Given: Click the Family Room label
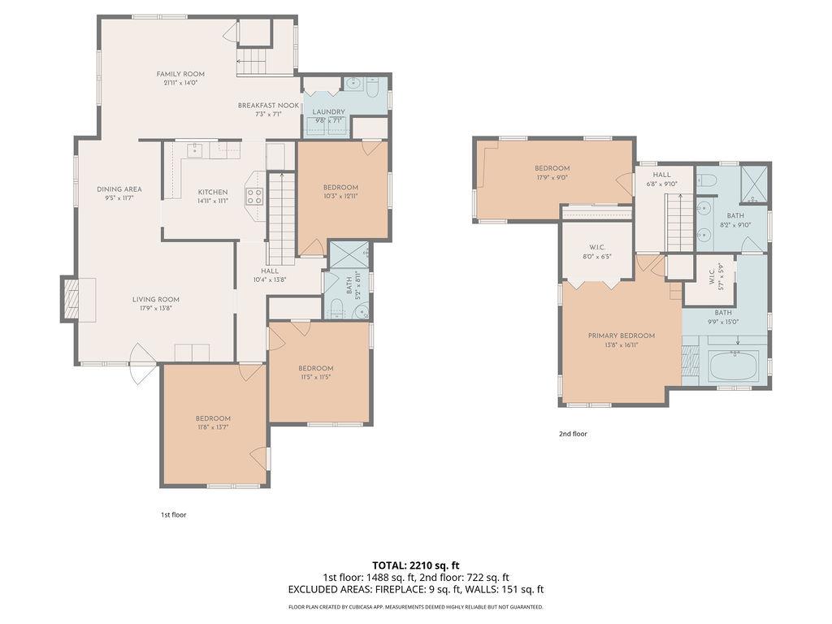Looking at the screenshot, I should [180, 74].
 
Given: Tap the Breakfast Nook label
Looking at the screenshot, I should [268, 106].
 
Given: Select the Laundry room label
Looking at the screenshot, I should [328, 112].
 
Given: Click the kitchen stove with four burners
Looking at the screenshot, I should [255, 195].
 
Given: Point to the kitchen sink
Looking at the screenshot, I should [195, 150].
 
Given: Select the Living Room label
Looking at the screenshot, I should [156, 299].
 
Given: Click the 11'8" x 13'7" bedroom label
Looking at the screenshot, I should [213, 418].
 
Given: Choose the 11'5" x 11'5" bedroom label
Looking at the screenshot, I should [315, 368].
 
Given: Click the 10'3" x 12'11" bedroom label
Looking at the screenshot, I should [340, 188].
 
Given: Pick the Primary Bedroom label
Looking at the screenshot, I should [622, 336].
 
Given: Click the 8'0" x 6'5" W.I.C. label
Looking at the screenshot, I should [596, 248].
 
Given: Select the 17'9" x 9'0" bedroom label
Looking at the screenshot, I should [552, 168].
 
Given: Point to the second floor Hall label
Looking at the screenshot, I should [662, 175].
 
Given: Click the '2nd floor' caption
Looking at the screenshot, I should [573, 434].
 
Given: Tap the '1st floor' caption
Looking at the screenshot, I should [173, 514].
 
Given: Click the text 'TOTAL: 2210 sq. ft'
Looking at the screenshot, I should [416, 565].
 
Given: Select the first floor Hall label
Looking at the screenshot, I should [270, 271].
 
